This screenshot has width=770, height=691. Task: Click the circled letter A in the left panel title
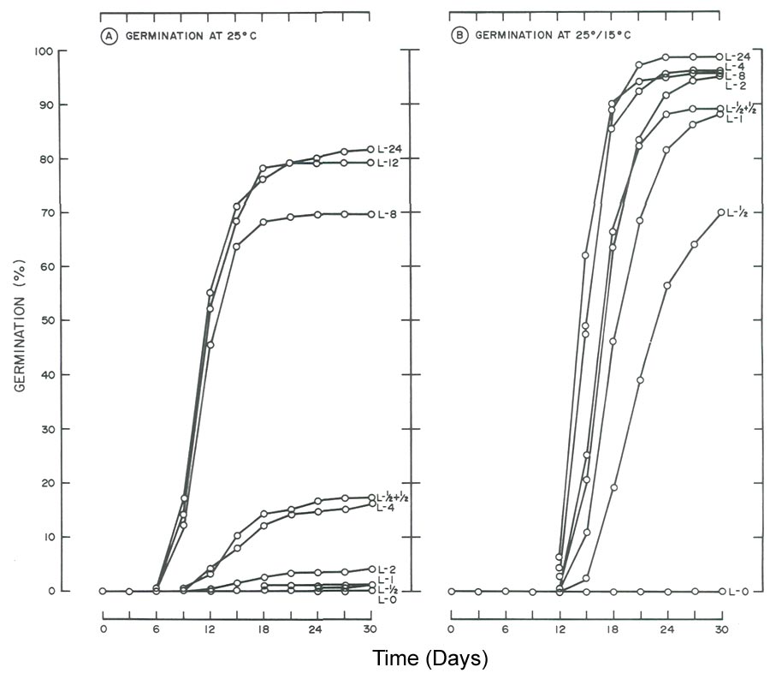click(110, 38)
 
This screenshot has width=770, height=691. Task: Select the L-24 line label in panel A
click(390, 150)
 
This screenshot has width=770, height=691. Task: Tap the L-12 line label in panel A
click(390, 163)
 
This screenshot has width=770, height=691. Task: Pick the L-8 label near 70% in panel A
click(388, 214)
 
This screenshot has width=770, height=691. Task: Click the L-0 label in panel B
click(737, 592)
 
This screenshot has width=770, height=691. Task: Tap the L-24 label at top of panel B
click(737, 57)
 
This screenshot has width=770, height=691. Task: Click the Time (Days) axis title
click(429, 659)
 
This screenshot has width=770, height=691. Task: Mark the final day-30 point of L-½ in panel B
click(720, 212)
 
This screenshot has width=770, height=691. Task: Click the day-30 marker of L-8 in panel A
click(370, 214)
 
